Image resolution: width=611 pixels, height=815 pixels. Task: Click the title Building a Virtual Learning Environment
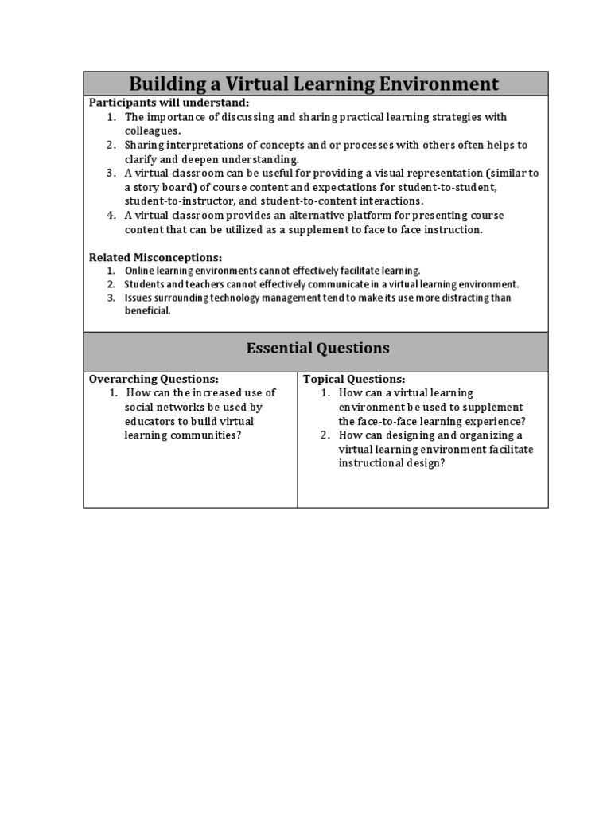coord(314,84)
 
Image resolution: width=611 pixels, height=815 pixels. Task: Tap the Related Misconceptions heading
coord(155,258)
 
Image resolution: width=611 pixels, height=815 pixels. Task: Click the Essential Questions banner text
coord(317,348)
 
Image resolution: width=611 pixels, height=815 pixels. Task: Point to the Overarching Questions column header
coord(153,379)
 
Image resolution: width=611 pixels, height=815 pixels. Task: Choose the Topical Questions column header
coord(354,379)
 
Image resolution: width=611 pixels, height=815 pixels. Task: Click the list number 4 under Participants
coord(111,216)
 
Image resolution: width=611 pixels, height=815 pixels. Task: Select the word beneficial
coord(147,310)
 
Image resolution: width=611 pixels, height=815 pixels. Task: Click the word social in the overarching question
coord(140,407)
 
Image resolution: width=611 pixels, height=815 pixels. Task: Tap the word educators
coord(150,422)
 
